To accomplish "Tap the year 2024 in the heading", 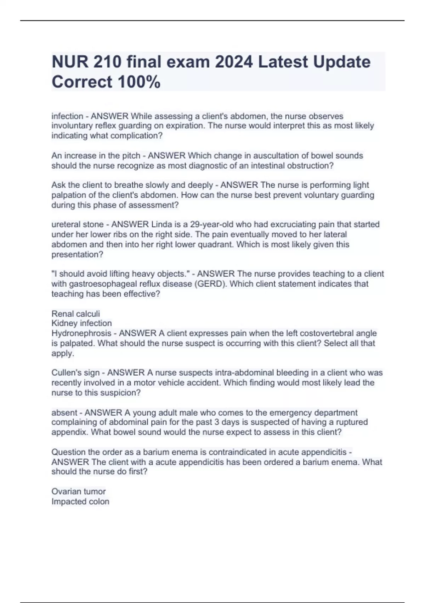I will tap(234, 62).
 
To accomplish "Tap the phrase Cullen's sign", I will tap(75, 373).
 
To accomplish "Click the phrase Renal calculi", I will tap(76, 314).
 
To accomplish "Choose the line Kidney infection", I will tap(81, 323).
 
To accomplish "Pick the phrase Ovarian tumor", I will tap(79, 492).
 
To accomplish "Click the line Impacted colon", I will tap(80, 502).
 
